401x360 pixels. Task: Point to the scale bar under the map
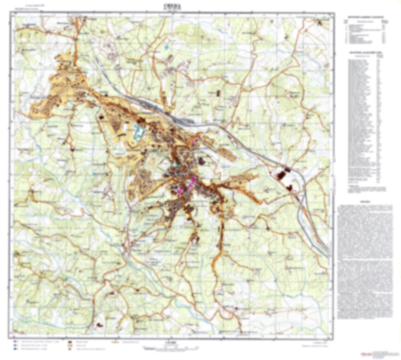(170, 347)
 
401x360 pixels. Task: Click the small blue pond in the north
(166, 47)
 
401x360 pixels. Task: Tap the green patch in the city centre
(177, 164)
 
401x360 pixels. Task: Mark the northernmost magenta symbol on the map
(194, 141)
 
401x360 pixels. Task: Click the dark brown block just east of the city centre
(201, 161)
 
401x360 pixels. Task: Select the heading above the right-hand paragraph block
(365, 202)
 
